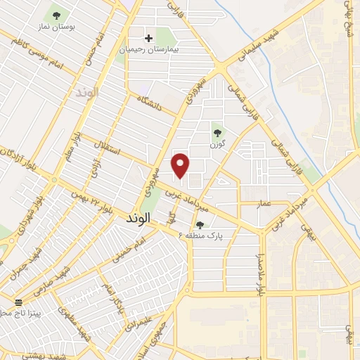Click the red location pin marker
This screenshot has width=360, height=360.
coord(181,165)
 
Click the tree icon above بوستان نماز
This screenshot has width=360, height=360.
coord(55,13)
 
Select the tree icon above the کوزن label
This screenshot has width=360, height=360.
coord(217,130)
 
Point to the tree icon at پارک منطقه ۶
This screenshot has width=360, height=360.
coord(200,225)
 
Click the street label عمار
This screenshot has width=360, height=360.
coord(263,202)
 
